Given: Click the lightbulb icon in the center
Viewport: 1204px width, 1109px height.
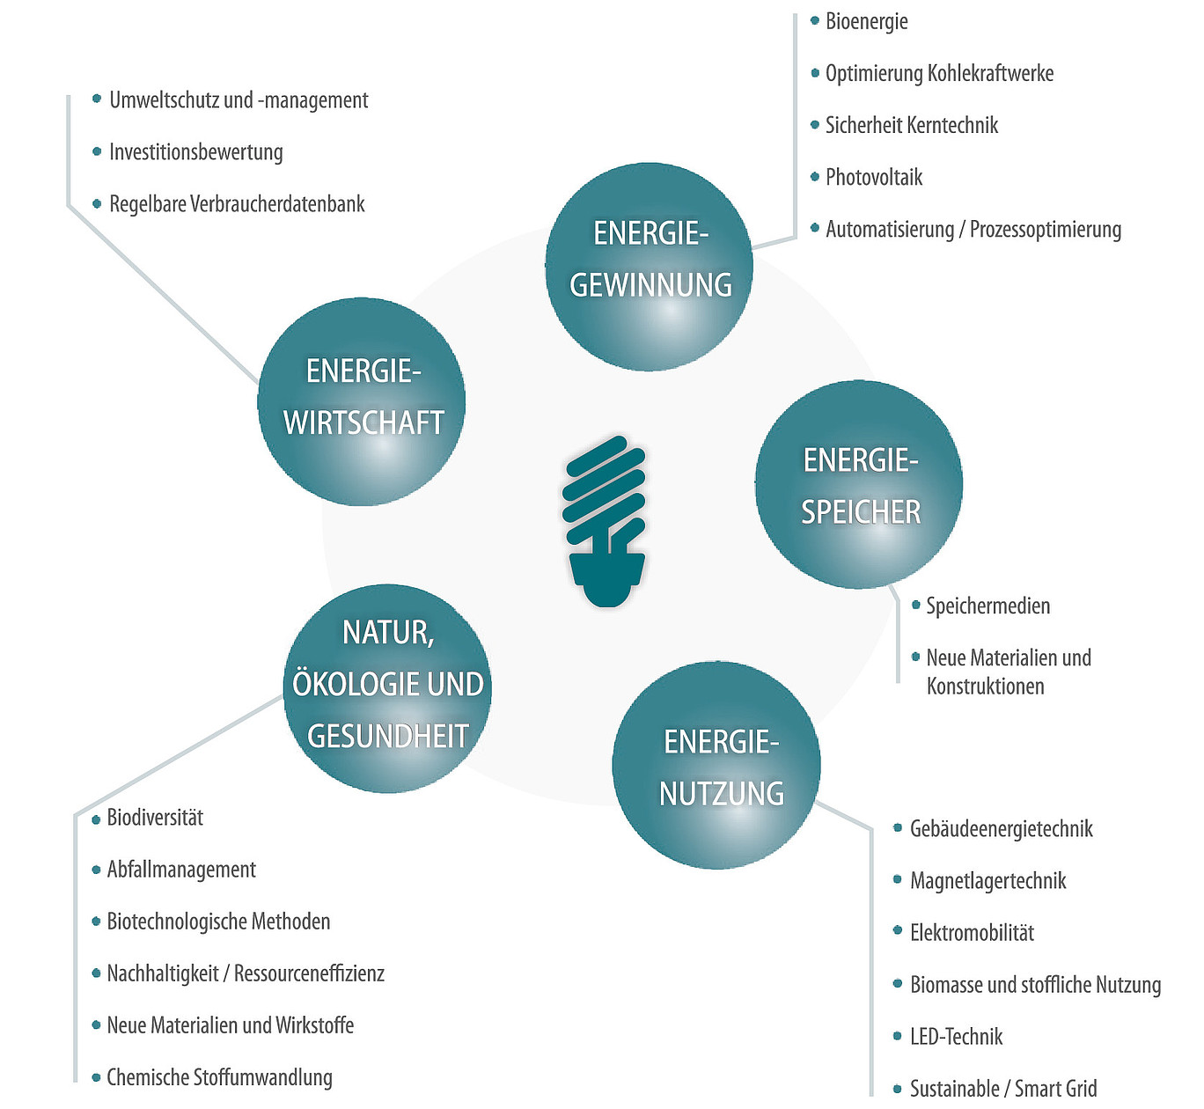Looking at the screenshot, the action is (605, 520).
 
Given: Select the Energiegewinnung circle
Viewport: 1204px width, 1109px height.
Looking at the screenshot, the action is (649, 267).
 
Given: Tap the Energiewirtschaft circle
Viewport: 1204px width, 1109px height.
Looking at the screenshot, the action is (362, 401).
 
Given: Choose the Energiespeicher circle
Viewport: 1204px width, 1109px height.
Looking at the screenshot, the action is (859, 485).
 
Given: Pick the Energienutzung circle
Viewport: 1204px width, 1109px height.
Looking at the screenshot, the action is (716, 765).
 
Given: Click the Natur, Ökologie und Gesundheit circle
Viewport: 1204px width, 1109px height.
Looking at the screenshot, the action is (388, 688).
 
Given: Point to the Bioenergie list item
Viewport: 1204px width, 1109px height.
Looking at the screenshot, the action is (867, 22).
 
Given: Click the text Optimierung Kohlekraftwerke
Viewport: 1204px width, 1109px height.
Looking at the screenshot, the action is (939, 73).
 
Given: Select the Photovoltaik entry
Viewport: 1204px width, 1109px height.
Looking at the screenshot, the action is (874, 177).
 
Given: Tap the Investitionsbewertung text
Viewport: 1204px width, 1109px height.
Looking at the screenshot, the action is (196, 152).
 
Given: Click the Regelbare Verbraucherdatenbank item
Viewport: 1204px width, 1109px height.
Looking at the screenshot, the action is (237, 204).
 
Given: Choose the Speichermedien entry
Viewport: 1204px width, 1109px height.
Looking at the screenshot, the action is (987, 606).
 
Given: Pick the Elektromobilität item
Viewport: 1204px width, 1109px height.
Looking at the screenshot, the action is (973, 933).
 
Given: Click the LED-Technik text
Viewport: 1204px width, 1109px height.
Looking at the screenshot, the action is (956, 1037).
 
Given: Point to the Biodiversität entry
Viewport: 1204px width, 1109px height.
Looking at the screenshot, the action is (155, 818).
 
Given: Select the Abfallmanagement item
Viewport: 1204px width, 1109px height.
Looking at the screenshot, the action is (181, 870).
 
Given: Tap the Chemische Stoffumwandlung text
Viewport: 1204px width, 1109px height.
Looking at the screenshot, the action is (220, 1078).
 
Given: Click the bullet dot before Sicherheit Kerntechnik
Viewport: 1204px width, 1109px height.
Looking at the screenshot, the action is (814, 125).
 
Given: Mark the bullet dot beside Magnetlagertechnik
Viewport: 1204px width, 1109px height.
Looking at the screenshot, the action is (898, 879).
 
